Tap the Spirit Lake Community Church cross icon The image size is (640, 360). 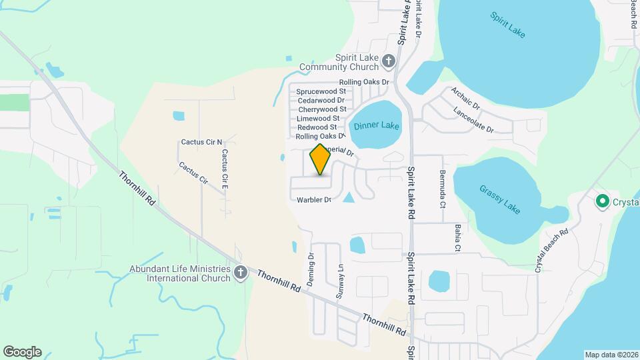[389, 62]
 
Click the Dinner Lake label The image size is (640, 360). [377, 125]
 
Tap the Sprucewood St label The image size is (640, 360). [321, 91]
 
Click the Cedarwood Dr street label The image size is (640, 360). [321, 100]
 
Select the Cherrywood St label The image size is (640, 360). [322, 109]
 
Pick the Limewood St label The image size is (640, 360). [318, 118]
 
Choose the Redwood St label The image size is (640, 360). [317, 127]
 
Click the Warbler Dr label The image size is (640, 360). [314, 199]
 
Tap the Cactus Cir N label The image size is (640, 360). [201, 142]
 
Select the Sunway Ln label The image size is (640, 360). [340, 280]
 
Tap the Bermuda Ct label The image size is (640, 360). [442, 189]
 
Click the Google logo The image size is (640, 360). [22, 352]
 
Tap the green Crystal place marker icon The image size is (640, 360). [602, 201]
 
